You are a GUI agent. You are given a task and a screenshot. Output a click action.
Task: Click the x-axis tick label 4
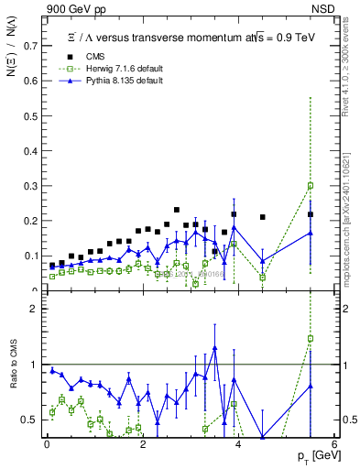[x=238, y=445]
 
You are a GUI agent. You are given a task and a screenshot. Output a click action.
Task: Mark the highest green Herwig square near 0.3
[x=311, y=186]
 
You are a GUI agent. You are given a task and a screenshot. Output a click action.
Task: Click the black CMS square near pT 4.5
[x=263, y=217]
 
